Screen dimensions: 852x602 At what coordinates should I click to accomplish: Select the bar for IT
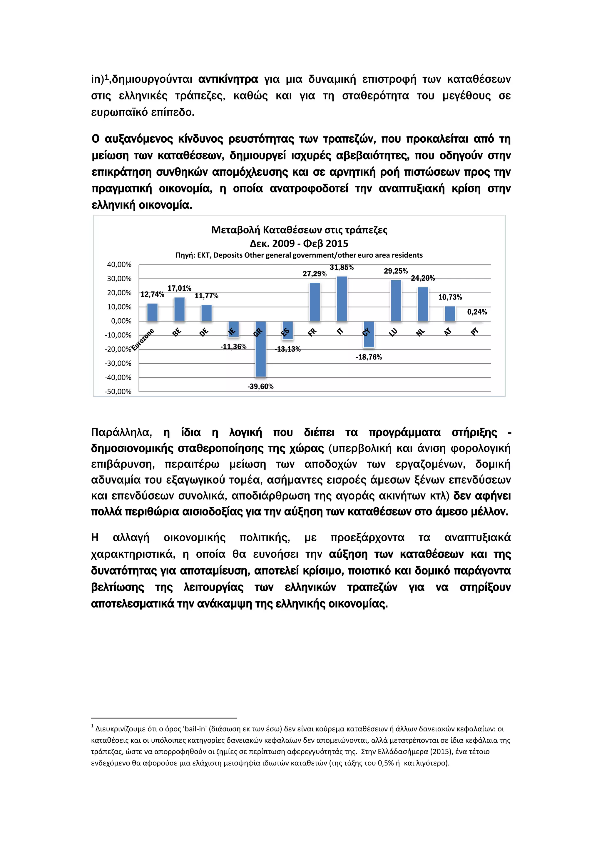342,299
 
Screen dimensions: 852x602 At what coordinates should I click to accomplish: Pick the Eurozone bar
152,312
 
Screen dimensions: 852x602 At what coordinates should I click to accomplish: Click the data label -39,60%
261,387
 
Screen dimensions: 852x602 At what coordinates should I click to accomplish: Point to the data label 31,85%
342,267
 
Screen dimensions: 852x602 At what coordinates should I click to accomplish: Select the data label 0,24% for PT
477,312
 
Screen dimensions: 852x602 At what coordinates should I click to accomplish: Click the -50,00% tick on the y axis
118,392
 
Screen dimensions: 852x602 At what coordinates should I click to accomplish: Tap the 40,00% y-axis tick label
119,264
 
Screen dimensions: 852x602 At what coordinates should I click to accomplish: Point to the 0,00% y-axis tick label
121,321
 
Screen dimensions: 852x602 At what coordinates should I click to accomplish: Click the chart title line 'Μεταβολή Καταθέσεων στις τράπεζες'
299,230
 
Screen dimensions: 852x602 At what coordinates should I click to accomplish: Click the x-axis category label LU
393,332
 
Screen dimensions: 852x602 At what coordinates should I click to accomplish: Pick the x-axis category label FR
312,332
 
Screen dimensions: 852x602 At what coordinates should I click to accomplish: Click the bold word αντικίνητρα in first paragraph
228,79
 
